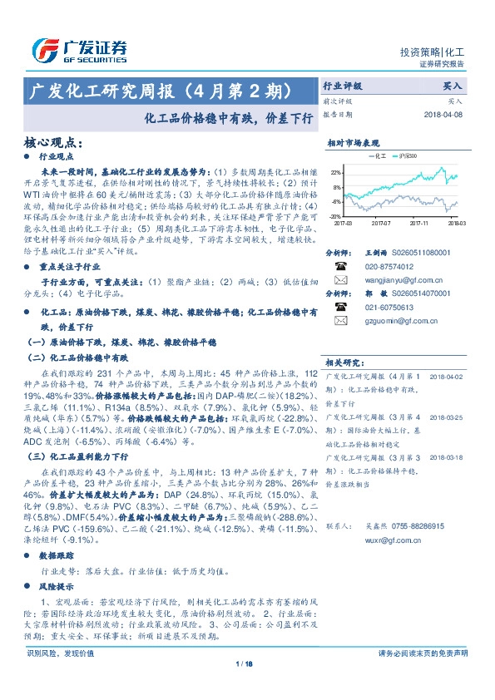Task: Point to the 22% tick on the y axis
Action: pos(336,172)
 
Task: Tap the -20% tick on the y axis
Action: pos(336,214)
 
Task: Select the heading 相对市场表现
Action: pos(353,142)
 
